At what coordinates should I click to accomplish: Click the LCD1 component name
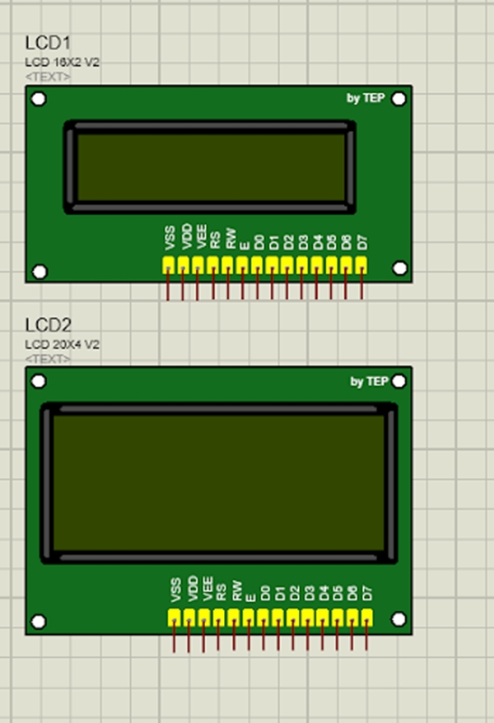coord(49,44)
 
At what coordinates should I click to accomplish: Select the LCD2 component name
coord(49,324)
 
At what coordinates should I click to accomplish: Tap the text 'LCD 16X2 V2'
coord(62,62)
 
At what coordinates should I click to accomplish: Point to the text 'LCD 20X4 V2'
coord(62,344)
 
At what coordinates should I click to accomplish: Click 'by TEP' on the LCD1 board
coord(366,99)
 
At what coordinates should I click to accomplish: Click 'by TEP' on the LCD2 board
coord(369,381)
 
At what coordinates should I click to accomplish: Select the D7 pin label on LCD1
coord(362,241)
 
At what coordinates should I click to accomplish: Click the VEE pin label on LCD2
coord(206,586)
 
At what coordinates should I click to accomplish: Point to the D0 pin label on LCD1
coord(259,241)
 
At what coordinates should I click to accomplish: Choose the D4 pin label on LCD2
coord(324,591)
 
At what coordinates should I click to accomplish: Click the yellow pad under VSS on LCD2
coord(175,616)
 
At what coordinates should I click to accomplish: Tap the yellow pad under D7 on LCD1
coord(361,264)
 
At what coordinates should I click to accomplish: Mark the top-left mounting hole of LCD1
coord(39,100)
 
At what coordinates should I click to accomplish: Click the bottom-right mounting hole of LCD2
coord(398,619)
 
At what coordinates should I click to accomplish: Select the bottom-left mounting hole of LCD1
coord(39,270)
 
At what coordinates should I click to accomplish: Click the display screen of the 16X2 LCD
coord(211,167)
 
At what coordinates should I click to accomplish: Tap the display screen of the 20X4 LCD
coord(218,483)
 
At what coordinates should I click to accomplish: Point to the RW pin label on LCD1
coord(229,240)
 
